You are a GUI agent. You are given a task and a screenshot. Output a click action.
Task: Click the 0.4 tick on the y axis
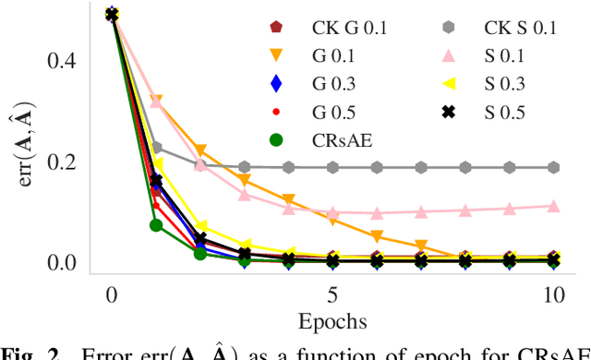pyautogui.click(x=64, y=61)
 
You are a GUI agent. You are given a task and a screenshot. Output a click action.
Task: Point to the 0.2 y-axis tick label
pyautogui.click(x=64, y=162)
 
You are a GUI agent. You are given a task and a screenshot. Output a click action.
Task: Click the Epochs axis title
pyautogui.click(x=332, y=322)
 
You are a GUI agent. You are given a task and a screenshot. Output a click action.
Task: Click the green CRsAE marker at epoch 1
pyautogui.click(x=156, y=225)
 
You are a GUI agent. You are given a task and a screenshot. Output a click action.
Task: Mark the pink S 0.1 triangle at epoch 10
pyautogui.click(x=553, y=206)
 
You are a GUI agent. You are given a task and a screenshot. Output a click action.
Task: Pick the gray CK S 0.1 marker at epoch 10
pyautogui.click(x=553, y=167)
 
